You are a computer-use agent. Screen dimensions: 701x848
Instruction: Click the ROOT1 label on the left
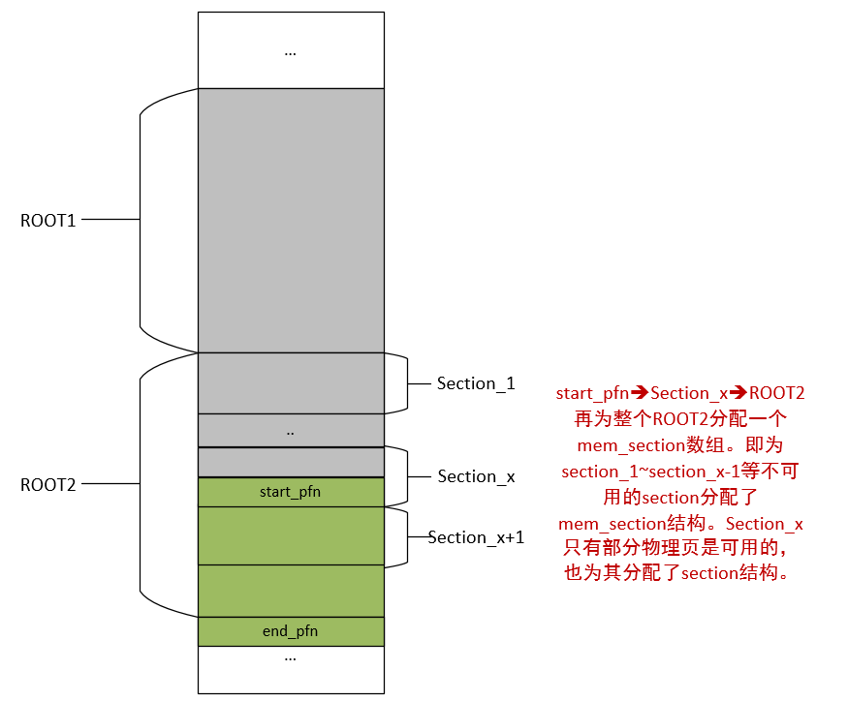[x=47, y=220]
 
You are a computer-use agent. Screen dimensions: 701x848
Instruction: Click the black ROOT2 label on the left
[x=47, y=485]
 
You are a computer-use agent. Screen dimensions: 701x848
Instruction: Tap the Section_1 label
[x=476, y=383]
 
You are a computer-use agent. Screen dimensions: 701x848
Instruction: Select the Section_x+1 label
[x=476, y=537]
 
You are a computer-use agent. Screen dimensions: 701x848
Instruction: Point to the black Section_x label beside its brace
[x=476, y=476]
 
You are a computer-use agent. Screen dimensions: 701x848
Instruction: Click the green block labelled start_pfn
[x=291, y=492]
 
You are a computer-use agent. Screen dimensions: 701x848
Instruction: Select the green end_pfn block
[x=291, y=631]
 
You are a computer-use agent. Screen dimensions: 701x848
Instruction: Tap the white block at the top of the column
[x=291, y=50]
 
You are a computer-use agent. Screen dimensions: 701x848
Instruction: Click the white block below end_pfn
[x=291, y=669]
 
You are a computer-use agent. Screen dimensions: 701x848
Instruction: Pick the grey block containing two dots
[x=291, y=431]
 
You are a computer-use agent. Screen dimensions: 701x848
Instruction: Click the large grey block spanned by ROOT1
[x=291, y=220]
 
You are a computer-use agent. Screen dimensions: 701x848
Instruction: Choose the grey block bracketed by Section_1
[x=291, y=383]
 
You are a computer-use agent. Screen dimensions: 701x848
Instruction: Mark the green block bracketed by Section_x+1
[x=291, y=535]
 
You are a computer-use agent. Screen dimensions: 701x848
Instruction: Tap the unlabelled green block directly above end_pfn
[x=291, y=591]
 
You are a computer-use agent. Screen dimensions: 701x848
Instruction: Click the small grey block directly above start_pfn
[x=291, y=462]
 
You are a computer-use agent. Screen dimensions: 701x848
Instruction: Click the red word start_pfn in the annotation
[x=592, y=393]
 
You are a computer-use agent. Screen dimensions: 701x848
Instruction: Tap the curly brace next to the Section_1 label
[x=398, y=383]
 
